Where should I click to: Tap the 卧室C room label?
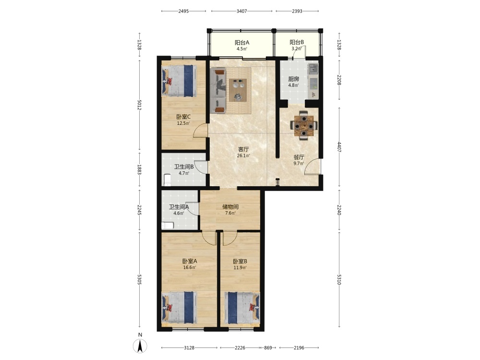183,117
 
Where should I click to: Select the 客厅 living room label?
243,149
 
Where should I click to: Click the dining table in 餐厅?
304,125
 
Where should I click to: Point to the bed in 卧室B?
242,308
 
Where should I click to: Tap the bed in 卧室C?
179,81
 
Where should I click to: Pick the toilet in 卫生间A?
168,226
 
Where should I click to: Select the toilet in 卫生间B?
167,180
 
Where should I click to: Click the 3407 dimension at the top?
241,11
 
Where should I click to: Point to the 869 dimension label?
268,348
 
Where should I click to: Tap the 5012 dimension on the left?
139,105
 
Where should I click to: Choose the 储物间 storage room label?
230,206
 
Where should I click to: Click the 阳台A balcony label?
242,43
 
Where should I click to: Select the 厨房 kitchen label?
294,79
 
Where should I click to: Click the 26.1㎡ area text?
243,156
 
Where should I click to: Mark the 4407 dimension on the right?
339,147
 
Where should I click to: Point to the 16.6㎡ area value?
190,267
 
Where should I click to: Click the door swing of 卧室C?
201,130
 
